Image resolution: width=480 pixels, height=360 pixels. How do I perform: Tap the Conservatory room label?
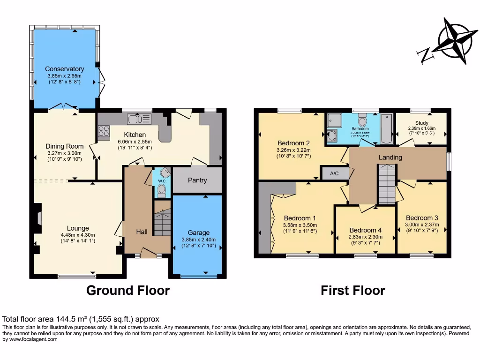64,69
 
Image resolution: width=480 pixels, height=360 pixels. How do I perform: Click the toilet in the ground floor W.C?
162,189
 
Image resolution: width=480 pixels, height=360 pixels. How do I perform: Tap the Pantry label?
197,180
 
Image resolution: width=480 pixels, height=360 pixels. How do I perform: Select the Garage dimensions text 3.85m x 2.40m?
199,240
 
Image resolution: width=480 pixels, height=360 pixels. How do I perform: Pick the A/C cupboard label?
334,173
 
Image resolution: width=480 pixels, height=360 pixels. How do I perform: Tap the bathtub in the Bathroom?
386,128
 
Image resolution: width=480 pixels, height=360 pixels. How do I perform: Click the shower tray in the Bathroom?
335,121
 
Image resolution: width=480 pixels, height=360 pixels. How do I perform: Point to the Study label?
421,123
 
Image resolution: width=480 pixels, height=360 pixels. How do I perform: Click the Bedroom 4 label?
365,230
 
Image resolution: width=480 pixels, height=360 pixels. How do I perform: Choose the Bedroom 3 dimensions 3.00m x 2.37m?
422,225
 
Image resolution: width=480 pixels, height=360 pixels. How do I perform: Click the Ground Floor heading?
128,291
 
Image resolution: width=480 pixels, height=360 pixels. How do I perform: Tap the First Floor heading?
352,291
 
